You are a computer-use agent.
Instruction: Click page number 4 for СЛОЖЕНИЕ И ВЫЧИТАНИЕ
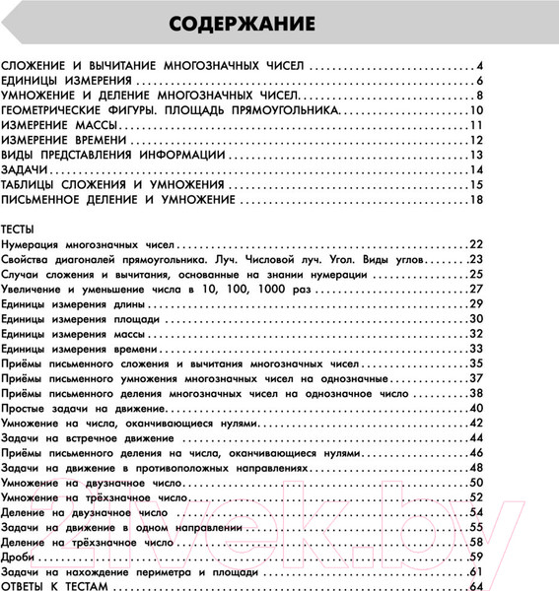[477, 65]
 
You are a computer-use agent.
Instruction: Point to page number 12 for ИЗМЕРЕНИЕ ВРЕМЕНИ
[474, 140]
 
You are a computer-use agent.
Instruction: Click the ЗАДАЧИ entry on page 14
[27, 169]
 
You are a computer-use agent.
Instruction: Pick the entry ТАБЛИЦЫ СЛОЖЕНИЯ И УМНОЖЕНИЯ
[113, 184]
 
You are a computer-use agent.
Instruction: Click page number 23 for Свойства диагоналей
[474, 258]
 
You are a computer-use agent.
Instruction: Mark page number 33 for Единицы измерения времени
[474, 349]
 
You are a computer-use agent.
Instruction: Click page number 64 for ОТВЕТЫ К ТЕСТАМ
[474, 585]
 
